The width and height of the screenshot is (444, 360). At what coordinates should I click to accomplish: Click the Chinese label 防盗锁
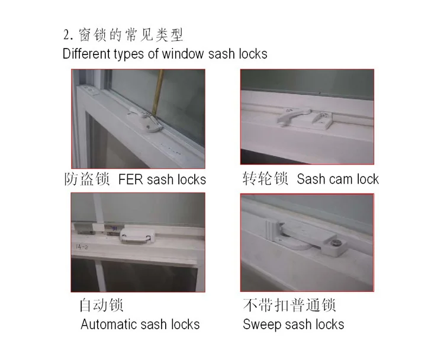click(x=87, y=179)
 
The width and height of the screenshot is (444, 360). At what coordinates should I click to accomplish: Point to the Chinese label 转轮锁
click(x=265, y=178)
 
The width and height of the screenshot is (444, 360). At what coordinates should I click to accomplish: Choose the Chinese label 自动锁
click(x=102, y=306)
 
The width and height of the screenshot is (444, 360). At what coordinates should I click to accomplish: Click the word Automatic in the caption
click(x=110, y=324)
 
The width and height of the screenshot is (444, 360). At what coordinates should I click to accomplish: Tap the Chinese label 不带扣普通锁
click(x=289, y=306)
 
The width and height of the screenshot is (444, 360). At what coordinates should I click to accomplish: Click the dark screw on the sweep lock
click(x=336, y=243)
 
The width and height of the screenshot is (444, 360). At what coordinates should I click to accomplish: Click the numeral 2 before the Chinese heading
click(x=66, y=36)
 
